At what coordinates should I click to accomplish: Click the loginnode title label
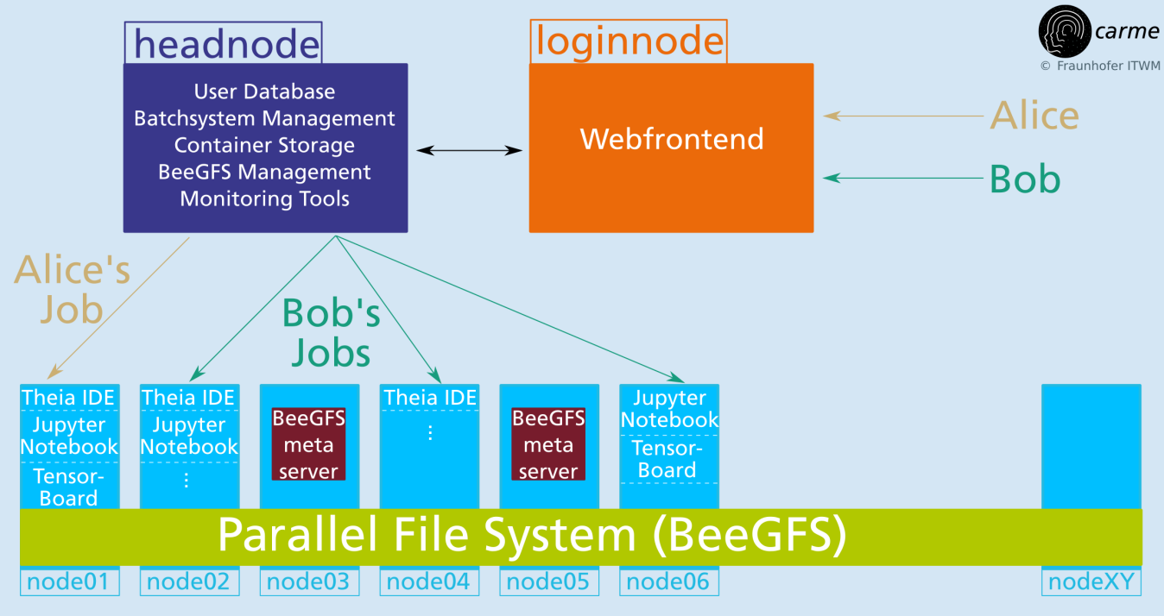tap(629, 41)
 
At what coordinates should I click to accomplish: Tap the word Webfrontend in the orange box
tap(672, 139)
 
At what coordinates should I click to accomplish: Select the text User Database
tap(264, 91)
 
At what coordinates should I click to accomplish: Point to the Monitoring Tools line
tap(264, 199)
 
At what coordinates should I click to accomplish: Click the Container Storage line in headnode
tap(264, 146)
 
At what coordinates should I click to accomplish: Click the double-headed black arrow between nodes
tap(469, 151)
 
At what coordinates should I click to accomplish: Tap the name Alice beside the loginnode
tap(1034, 116)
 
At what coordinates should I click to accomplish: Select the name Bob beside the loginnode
tap(1025, 179)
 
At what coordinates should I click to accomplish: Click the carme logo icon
tap(1064, 31)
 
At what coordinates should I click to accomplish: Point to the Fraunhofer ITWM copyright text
tap(1100, 66)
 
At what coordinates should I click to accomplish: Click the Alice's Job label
tap(72, 289)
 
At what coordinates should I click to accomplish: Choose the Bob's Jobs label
tap(332, 333)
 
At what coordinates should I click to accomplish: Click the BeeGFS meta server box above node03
tap(308, 444)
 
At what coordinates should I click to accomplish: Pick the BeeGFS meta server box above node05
tap(548, 444)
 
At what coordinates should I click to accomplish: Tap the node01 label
tap(70, 581)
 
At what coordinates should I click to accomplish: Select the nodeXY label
tap(1091, 581)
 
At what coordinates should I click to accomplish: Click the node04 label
tap(429, 581)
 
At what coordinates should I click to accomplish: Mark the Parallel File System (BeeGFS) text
tap(532, 535)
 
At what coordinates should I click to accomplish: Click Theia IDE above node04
tap(430, 398)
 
